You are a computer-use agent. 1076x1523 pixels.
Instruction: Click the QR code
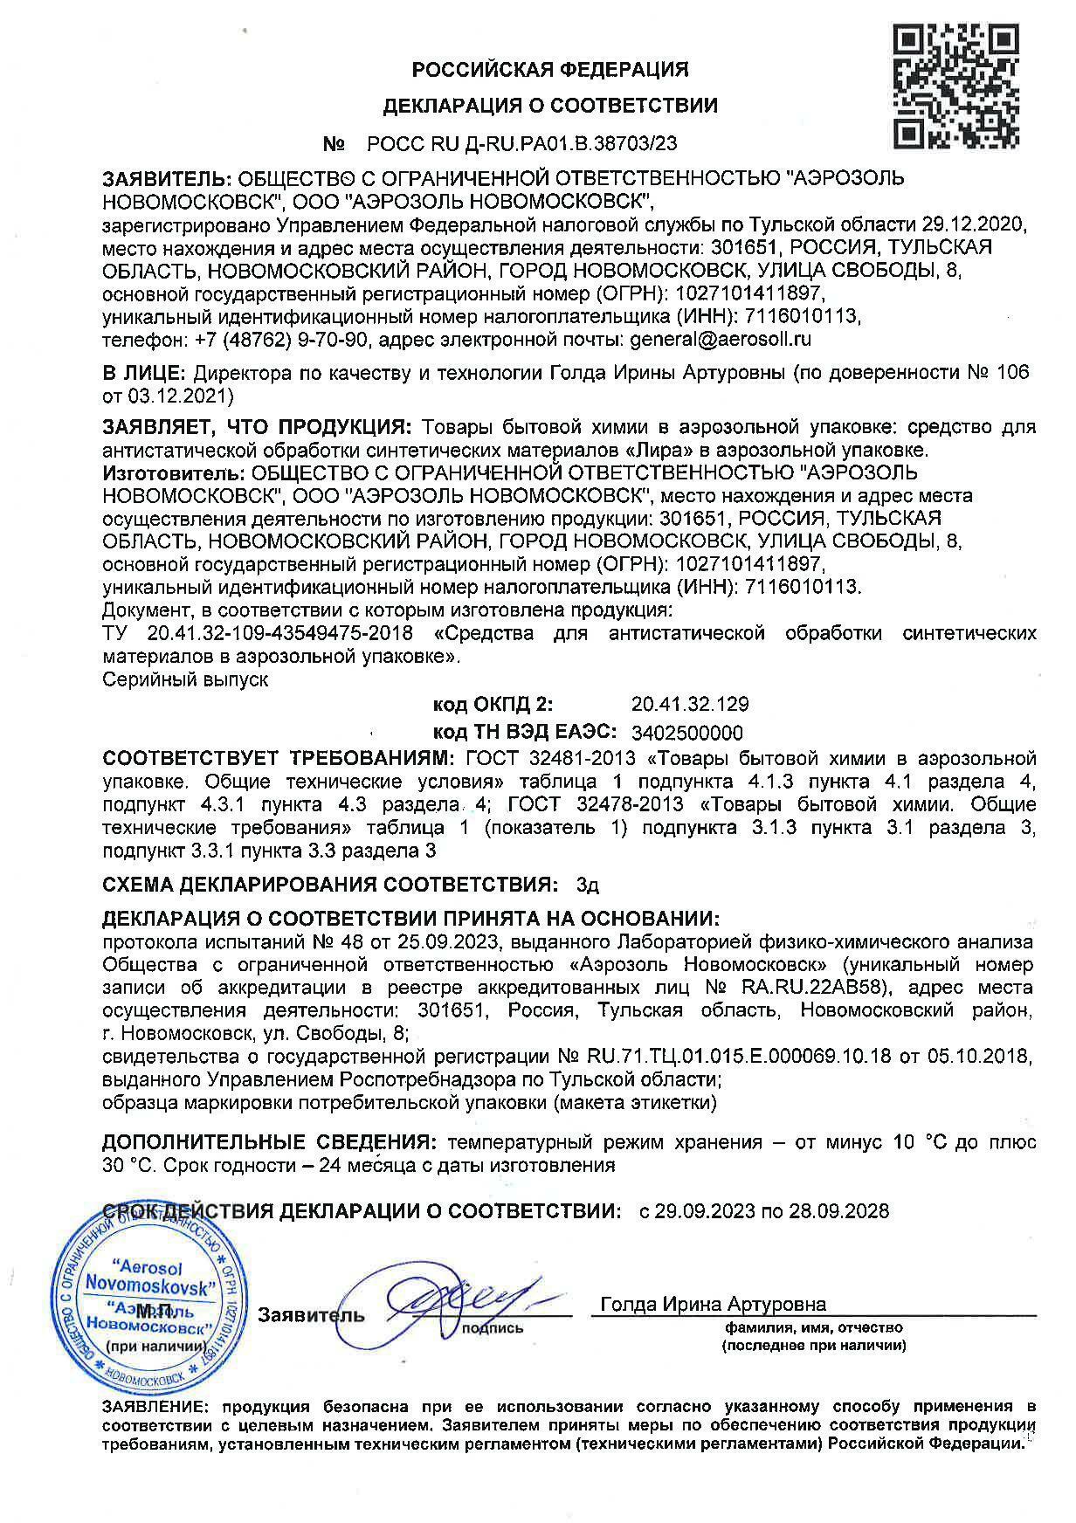coord(955,86)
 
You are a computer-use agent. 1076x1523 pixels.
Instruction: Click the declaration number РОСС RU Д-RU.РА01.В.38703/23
coord(522,143)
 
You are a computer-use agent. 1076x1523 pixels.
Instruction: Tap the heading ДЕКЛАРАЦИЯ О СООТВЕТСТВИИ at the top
coord(550,107)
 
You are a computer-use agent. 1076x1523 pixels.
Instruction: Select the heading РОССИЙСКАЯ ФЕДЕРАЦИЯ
coord(550,69)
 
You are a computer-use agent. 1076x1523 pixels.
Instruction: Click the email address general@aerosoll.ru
coord(721,339)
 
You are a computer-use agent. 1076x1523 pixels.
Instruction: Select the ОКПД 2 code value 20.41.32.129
coord(689,704)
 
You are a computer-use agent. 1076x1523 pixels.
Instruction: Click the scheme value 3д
coord(588,886)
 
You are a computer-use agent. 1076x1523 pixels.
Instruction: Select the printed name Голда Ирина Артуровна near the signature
coord(713,1305)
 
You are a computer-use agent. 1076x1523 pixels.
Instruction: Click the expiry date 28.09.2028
coord(842,1211)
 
